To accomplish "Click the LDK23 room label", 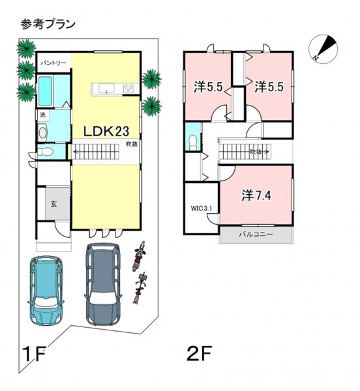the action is point(106,131).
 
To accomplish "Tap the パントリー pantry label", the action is point(53,63).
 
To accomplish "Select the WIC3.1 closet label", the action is point(202,209).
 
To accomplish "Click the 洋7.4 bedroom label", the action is point(256,195).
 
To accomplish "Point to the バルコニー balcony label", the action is point(256,235).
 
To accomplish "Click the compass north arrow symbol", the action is point(323,49).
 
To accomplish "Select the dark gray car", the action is point(103,284).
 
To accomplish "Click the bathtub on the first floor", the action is point(45,91).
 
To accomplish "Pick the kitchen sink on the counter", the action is point(106,89).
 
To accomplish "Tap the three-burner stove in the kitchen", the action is point(128,89).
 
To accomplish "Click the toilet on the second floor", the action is point(193,143).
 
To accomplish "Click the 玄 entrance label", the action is point(54,204).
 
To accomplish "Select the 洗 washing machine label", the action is point(43,115).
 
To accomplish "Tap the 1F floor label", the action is point(33,354).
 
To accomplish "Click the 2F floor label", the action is point(200,353).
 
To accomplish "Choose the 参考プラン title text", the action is point(48,25).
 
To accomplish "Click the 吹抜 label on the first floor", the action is point(132,144).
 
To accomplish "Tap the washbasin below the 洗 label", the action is point(42,133).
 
